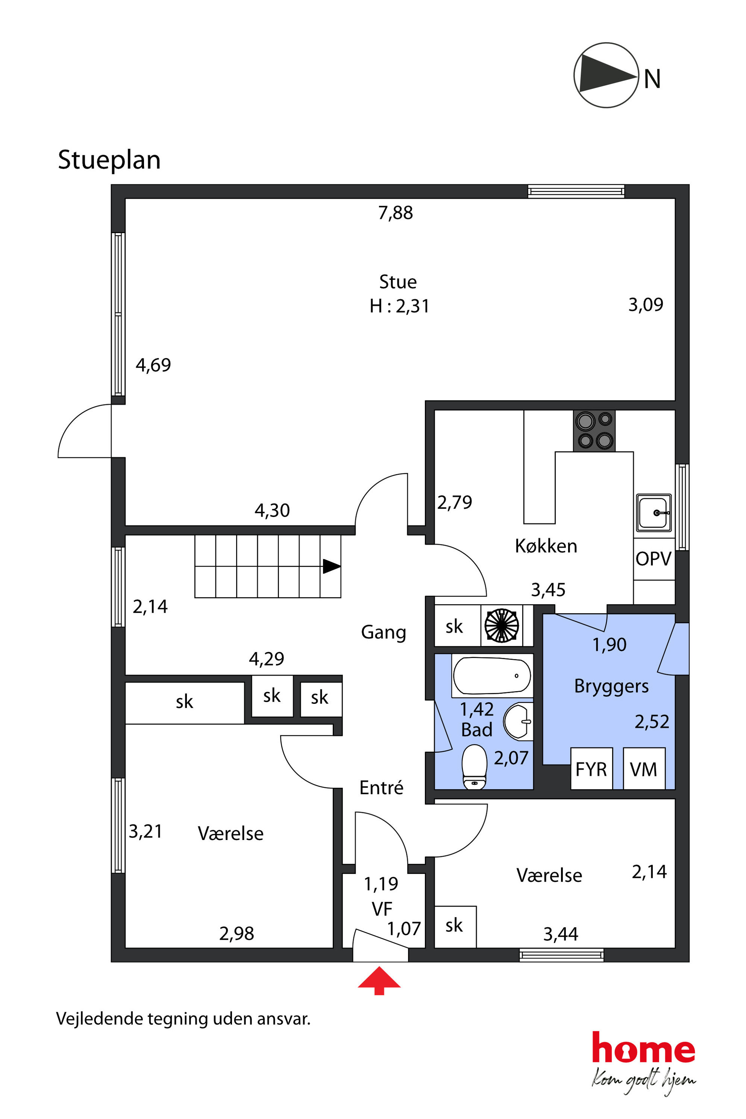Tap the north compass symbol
tap(606, 75)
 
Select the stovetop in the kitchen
tap(594, 431)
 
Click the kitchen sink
tap(654, 512)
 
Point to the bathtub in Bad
tap(492, 676)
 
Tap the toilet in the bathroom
tap(475, 766)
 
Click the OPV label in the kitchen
tap(653, 558)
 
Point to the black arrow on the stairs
tap(332, 566)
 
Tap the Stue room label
tap(398, 282)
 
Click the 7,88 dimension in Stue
tap(395, 213)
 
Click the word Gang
tap(384, 632)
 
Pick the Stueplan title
tap(109, 160)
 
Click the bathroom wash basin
tap(518, 722)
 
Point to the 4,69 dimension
tap(153, 365)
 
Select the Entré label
tap(381, 787)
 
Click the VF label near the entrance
tap(382, 909)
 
